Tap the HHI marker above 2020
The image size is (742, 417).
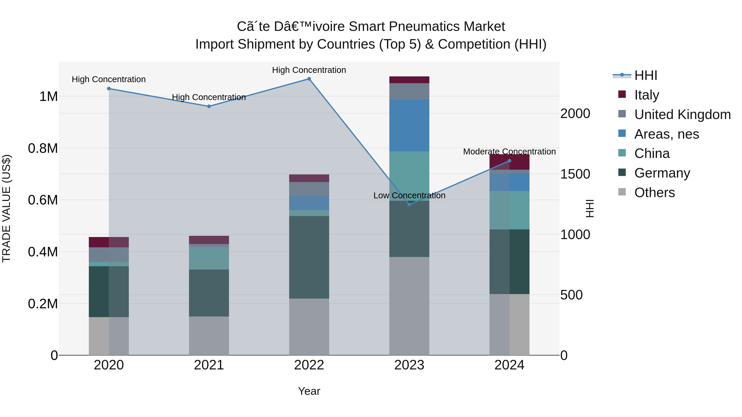click(x=109, y=89)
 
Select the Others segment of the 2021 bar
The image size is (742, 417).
click(x=209, y=336)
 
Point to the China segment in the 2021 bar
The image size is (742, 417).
click(x=209, y=258)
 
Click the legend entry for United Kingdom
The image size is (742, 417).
click(x=682, y=114)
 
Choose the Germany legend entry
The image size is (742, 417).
click(x=662, y=173)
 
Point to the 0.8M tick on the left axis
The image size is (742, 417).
click(x=43, y=148)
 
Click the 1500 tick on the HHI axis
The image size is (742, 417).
click(x=575, y=174)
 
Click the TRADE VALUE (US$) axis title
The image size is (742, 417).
click(x=6, y=208)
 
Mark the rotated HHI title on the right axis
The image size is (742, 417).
click(x=590, y=208)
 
